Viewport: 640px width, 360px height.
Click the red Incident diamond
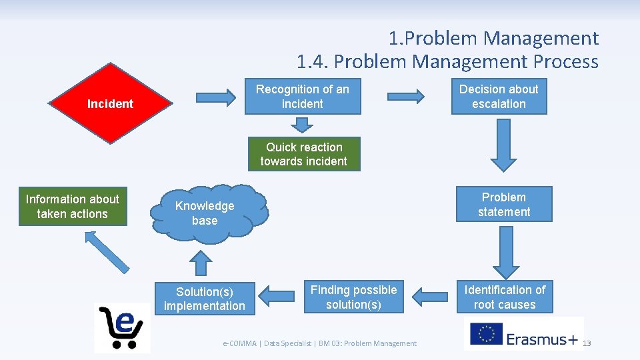point(110,103)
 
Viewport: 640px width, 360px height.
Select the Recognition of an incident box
point(302,97)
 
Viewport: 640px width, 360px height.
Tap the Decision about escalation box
point(499,97)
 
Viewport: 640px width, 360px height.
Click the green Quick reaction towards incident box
point(303,154)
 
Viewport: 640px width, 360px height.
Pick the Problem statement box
point(503,204)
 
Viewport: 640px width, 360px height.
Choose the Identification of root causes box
point(504,297)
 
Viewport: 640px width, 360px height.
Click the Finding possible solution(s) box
point(353,297)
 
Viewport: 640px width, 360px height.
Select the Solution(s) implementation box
point(205,299)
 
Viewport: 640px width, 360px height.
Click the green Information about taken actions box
point(72,207)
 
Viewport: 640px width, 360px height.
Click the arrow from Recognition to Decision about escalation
point(405,97)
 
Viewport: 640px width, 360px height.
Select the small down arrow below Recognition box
point(303,125)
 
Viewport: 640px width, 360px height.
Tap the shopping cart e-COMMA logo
point(121,327)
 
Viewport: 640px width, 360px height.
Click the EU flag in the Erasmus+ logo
point(487,333)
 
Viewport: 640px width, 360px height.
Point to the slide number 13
point(587,343)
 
